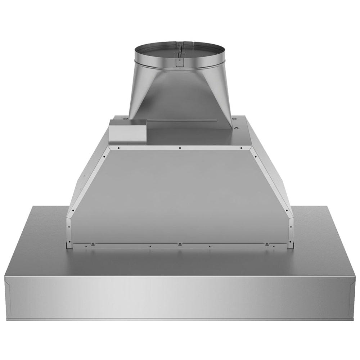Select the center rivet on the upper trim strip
click(180, 148)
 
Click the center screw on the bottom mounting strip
click(179, 245)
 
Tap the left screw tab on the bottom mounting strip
click(93, 244)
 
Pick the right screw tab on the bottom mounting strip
click(267, 244)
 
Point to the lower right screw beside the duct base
click(236, 129)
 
